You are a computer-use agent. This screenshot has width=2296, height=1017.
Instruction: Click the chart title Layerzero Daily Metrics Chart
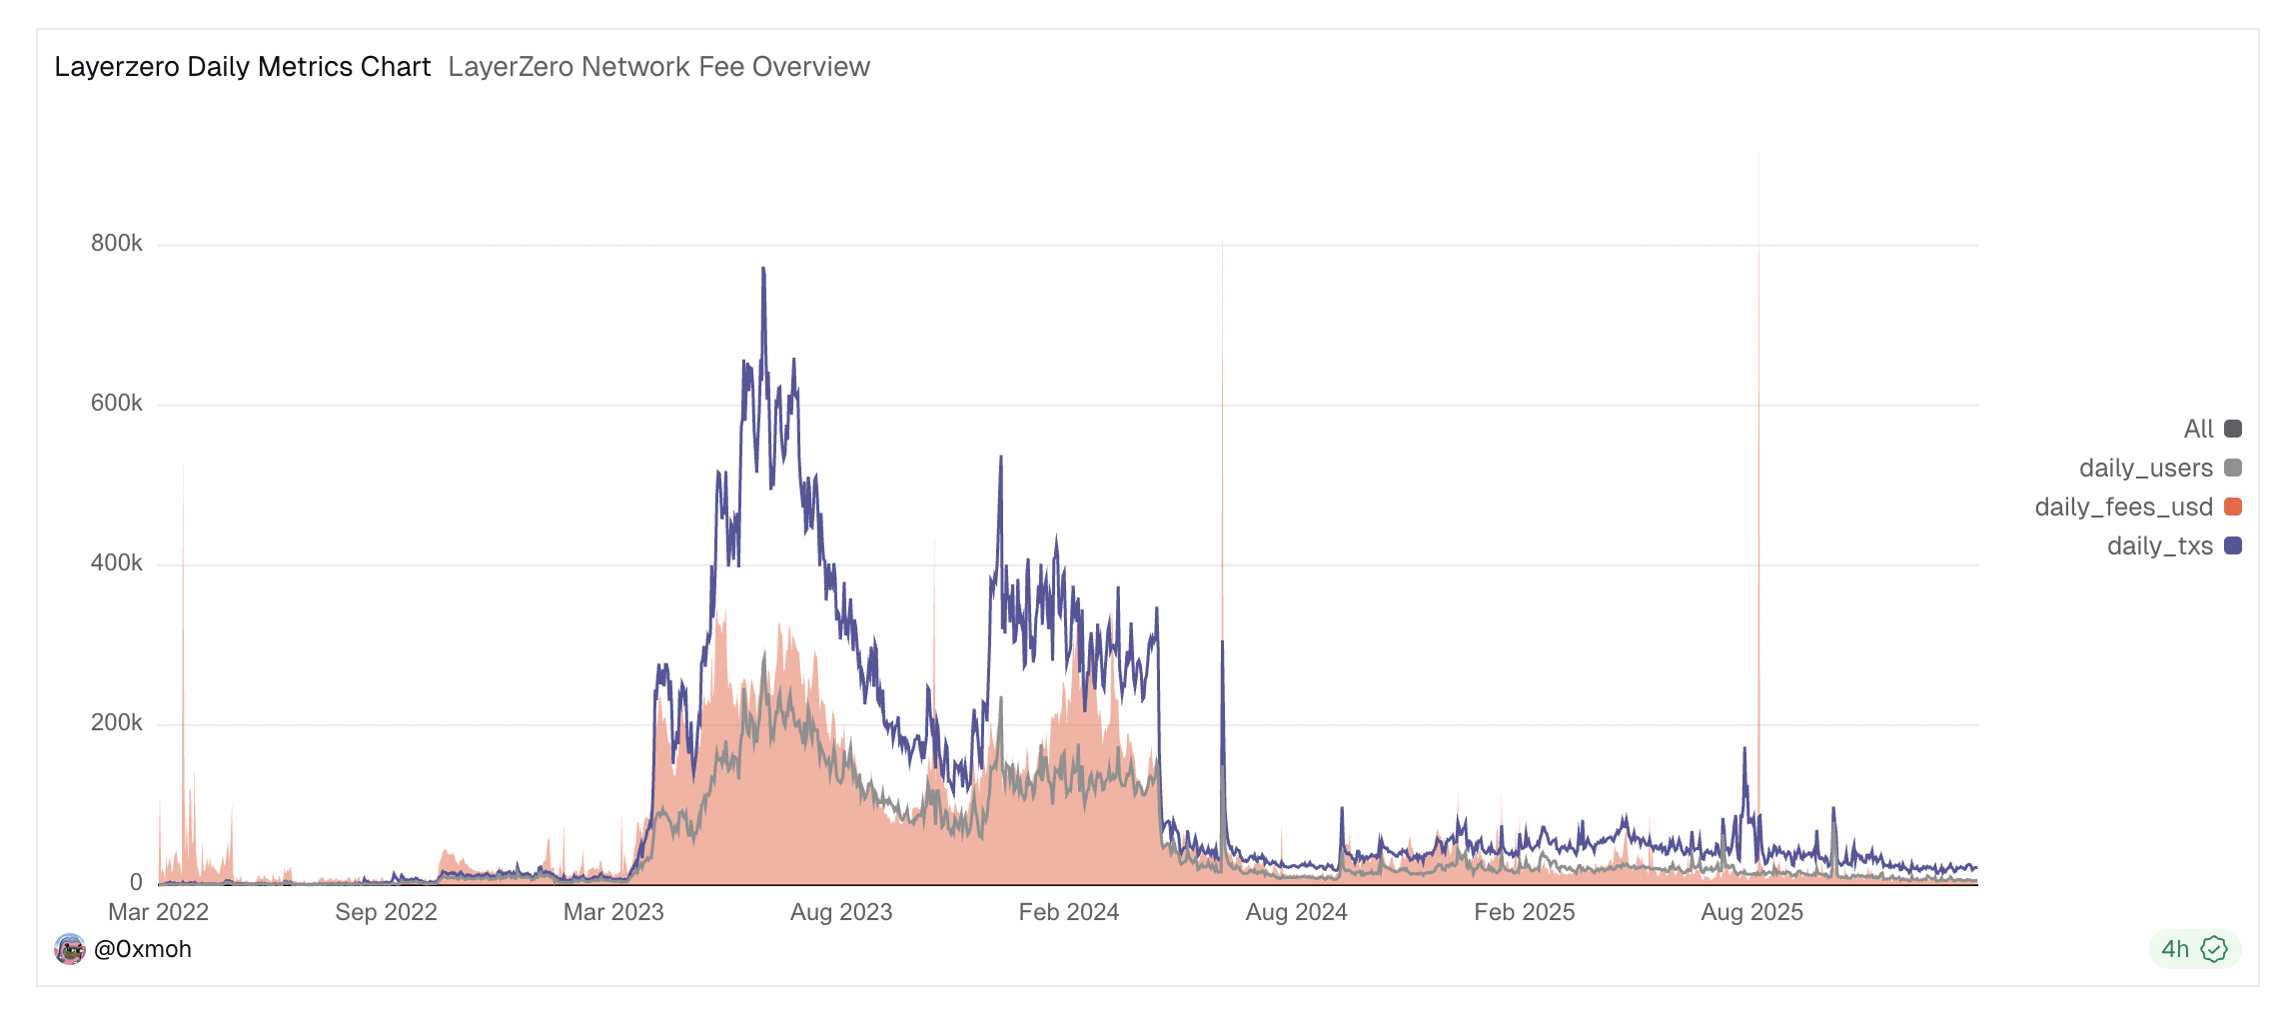pos(242,67)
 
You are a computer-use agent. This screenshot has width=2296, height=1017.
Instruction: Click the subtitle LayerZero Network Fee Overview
pos(658,67)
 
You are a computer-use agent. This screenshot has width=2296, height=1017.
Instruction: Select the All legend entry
pos(2211,429)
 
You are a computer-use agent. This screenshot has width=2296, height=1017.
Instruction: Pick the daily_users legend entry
pos(2159,468)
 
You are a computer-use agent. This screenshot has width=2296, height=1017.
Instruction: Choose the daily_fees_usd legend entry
pos(2137,507)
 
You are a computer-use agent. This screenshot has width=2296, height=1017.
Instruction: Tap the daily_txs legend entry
pos(2173,545)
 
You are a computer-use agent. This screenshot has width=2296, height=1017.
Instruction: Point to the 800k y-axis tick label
pos(117,243)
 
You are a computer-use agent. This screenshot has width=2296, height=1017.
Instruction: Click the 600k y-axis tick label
pos(117,403)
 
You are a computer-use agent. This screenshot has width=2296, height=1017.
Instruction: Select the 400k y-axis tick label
pos(117,562)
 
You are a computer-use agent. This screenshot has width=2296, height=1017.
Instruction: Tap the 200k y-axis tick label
pos(117,722)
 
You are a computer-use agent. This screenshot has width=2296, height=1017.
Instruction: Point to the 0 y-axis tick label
pos(136,882)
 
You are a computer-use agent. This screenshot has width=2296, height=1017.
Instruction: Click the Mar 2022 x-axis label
pos(158,912)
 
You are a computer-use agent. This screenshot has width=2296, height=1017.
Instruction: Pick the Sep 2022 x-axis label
pos(386,912)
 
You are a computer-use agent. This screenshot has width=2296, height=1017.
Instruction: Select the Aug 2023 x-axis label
pos(840,912)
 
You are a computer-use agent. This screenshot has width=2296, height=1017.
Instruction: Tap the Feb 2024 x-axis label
pos(1068,912)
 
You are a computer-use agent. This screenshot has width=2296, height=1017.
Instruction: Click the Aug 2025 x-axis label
pos(1751,912)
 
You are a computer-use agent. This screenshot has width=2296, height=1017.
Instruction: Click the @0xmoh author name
pos(142,949)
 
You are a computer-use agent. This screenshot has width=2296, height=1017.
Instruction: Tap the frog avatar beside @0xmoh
pos(69,949)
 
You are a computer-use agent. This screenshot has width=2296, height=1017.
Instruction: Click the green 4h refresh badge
pos(2194,949)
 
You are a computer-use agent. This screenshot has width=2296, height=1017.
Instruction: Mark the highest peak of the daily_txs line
pos(763,269)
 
